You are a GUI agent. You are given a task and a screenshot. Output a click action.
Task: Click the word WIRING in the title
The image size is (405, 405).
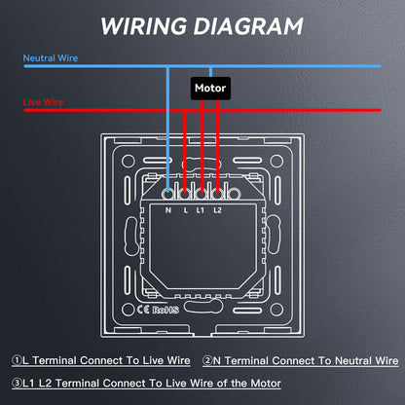tap(144, 25)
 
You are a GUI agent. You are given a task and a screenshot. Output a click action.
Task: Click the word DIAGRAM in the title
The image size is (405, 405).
tap(248, 25)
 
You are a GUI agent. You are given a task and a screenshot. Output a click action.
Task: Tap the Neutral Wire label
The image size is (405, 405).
tap(51, 58)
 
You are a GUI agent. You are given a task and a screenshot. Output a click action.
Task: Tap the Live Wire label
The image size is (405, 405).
tap(43, 102)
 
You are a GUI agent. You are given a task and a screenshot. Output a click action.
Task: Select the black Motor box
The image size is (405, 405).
tap(210, 89)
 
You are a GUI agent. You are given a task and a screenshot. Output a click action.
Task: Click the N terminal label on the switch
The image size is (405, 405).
tap(168, 210)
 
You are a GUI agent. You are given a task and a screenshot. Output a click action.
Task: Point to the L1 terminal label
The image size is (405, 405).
tap(201, 210)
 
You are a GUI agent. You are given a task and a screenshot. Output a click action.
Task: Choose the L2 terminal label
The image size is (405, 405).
tap(217, 210)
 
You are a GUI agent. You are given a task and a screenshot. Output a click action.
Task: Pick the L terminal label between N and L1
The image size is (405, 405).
tap(186, 210)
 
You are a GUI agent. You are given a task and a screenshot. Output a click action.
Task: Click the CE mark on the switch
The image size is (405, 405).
tap(143, 310)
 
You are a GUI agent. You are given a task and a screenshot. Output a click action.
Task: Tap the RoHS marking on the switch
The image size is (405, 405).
tap(166, 310)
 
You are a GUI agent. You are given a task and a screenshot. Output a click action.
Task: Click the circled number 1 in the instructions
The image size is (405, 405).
tap(17, 360)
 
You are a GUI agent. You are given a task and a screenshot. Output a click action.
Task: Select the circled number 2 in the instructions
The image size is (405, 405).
tap(207, 360)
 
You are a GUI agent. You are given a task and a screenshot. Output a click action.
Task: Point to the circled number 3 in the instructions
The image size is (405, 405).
tap(17, 384)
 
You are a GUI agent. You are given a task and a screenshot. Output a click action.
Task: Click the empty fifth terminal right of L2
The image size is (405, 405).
tap(234, 195)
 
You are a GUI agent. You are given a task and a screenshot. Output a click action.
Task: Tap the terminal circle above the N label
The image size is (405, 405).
tap(167, 195)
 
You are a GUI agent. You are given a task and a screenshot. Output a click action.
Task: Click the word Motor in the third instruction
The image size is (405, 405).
tap(266, 384)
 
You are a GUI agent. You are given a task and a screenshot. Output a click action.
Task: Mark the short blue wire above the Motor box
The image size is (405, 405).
tap(210, 72)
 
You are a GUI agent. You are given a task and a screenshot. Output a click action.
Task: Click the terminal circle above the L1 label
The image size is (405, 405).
tap(202, 195)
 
